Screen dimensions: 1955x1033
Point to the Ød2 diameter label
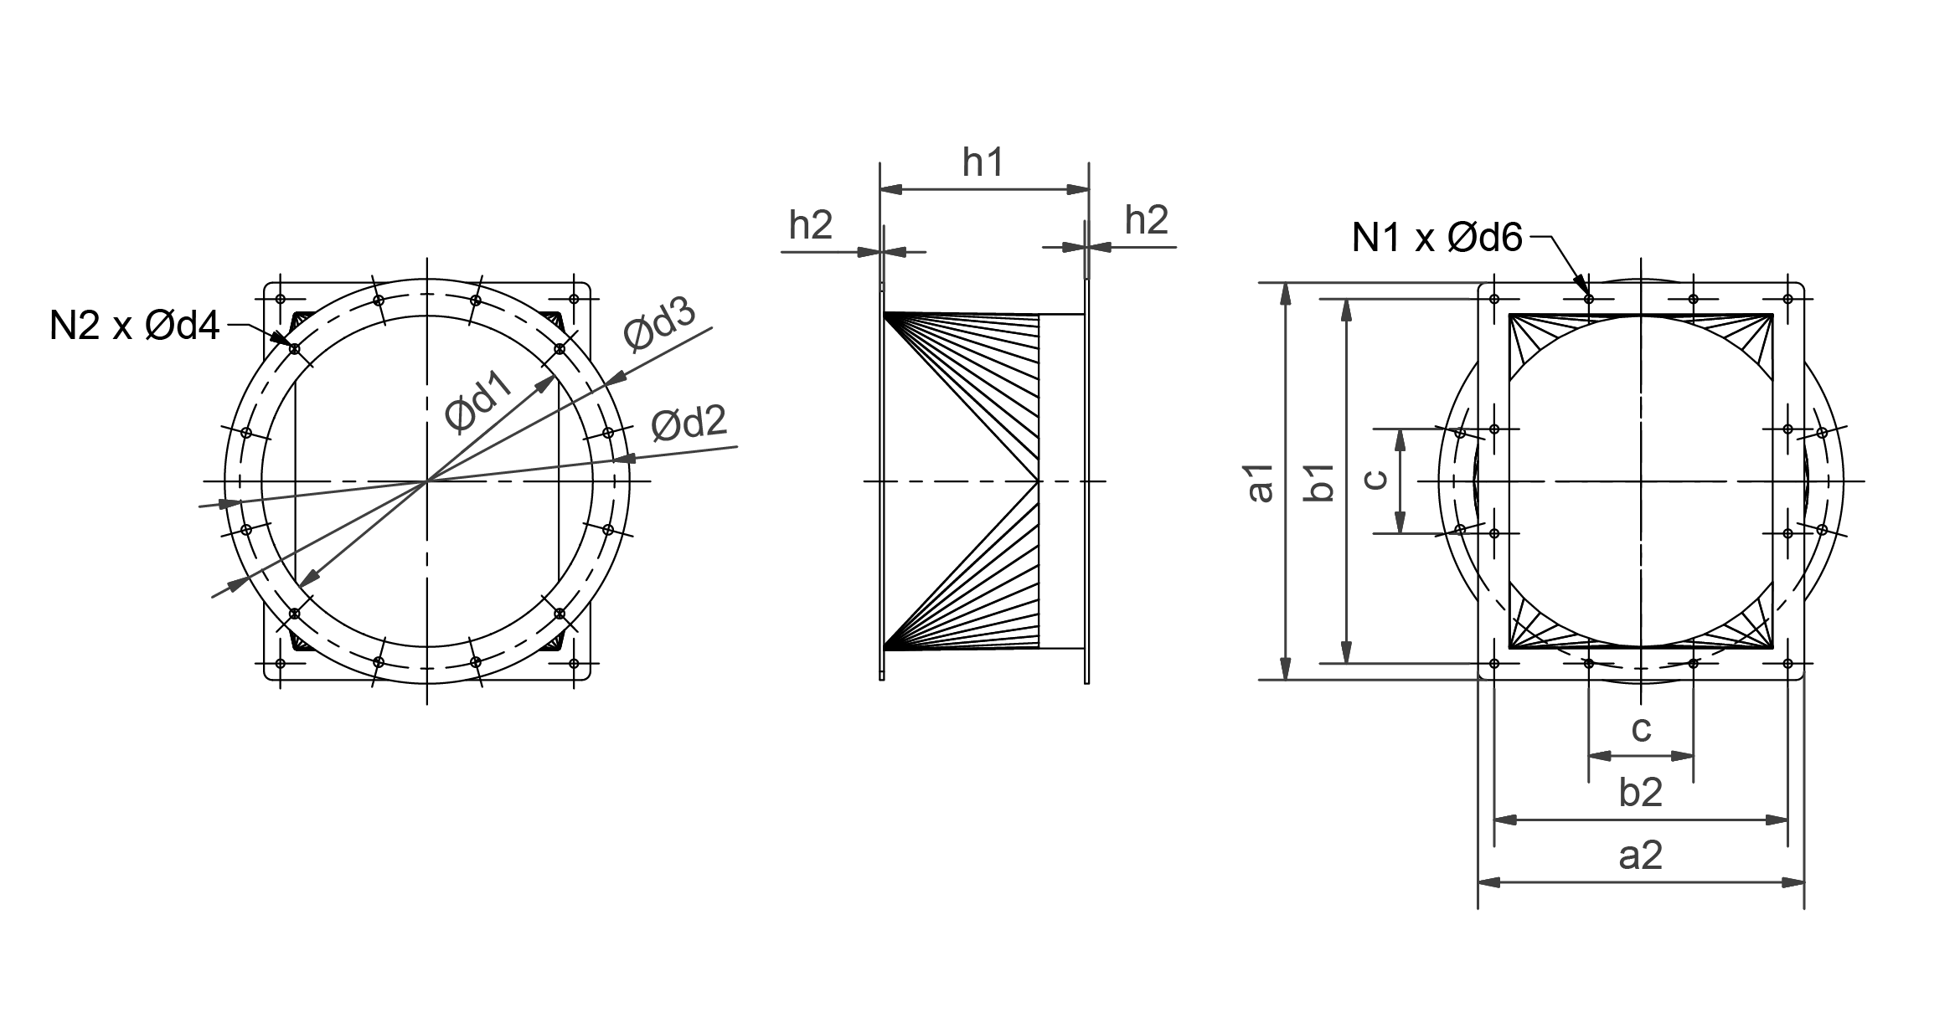pos(689,424)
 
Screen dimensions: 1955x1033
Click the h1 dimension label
pos(983,162)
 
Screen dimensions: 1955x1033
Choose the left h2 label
pos(810,224)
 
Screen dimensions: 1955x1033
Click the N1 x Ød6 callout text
pos(1437,239)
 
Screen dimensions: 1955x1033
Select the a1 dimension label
pos(1261,482)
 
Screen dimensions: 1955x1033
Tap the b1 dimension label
pos(1321,482)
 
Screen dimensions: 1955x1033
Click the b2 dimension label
pos(1640,793)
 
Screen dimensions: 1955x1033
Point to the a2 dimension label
pos(1640,856)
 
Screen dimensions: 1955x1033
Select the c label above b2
pos(1641,729)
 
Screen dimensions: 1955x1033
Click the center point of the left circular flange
pos(427,481)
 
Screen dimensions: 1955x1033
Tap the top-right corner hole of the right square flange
pos(1787,299)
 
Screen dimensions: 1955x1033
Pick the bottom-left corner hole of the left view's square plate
pos(281,663)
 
